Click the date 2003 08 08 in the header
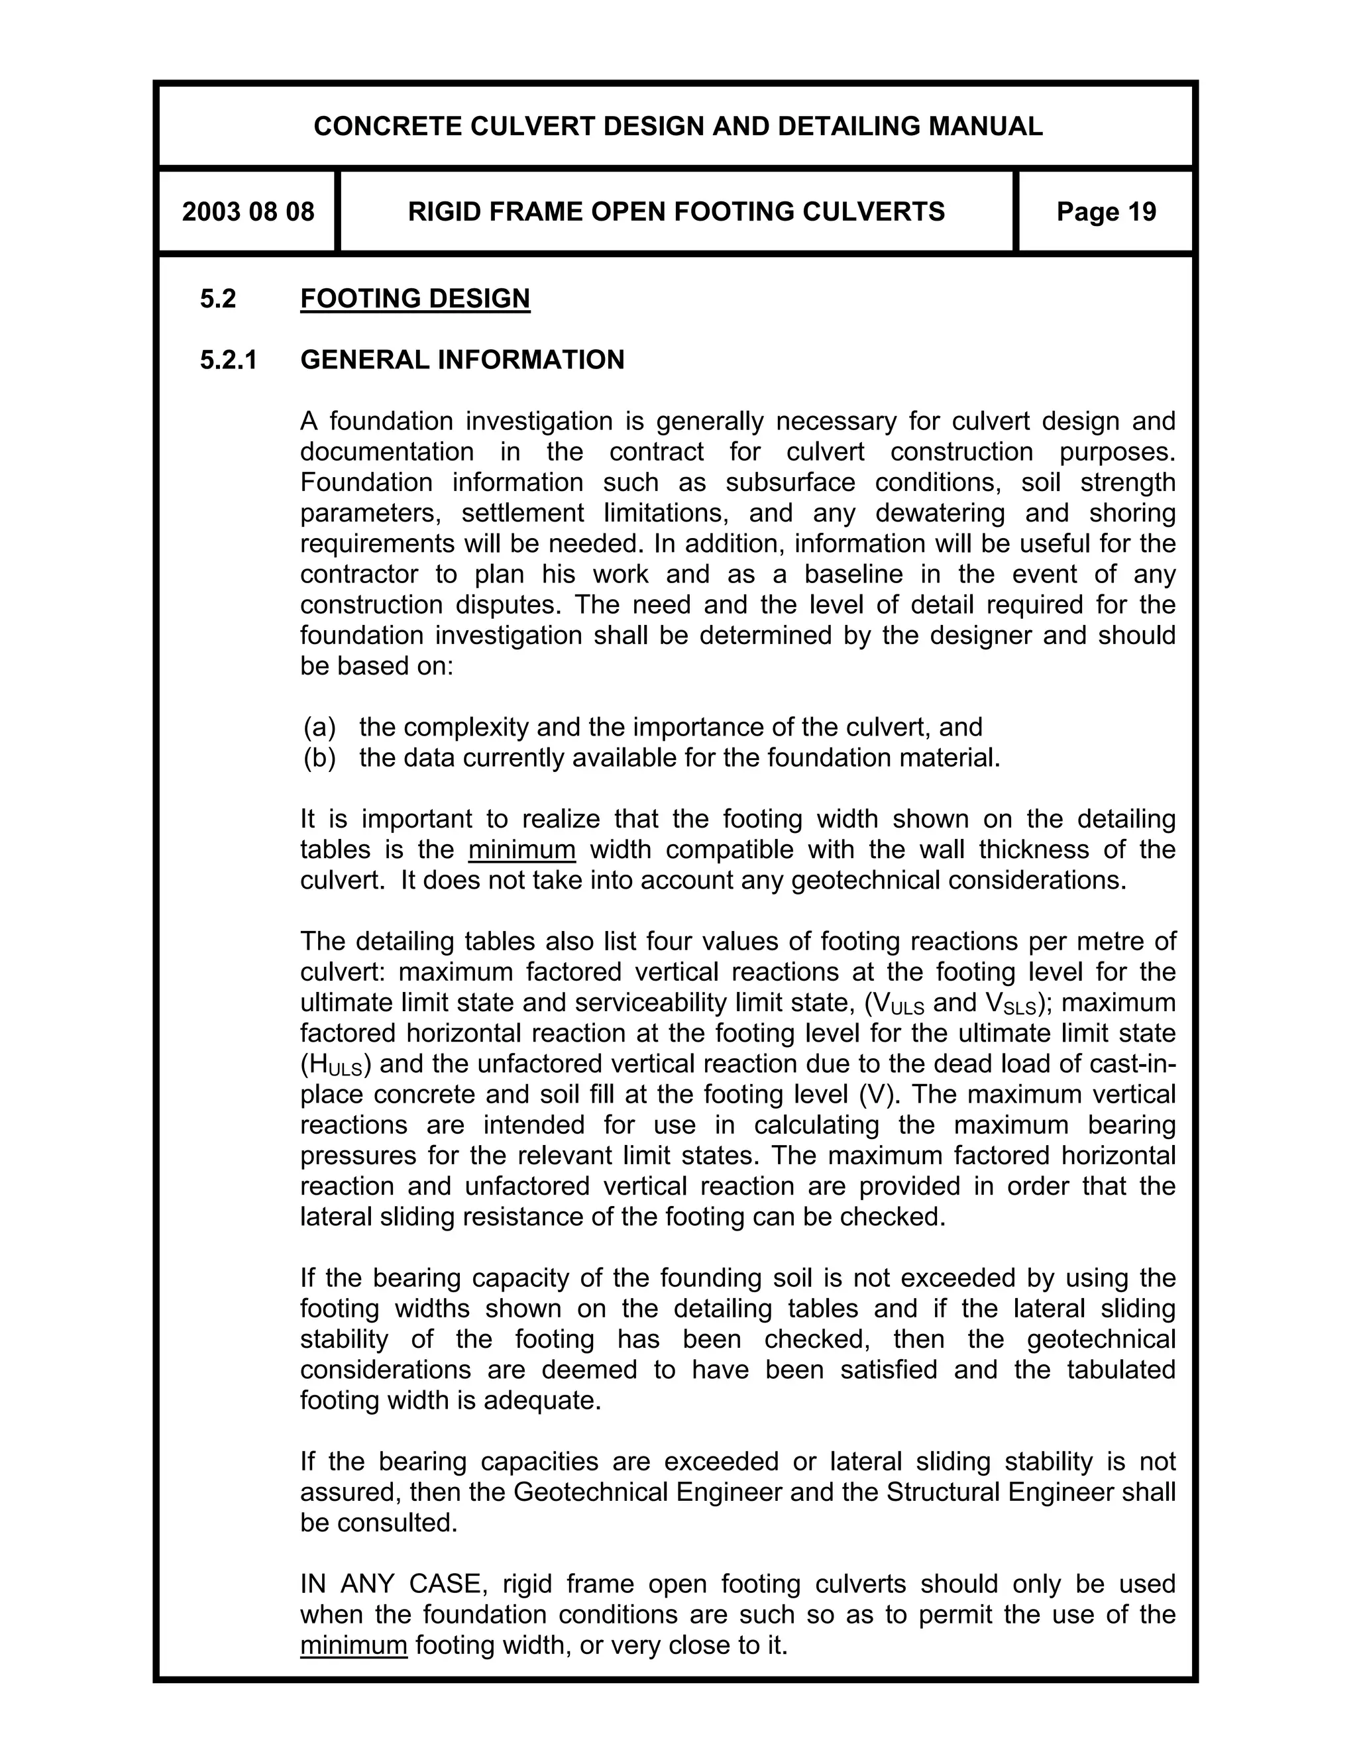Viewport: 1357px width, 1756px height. coord(248,212)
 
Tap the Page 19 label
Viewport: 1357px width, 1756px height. coord(1105,212)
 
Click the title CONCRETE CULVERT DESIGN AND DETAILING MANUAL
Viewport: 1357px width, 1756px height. coord(677,126)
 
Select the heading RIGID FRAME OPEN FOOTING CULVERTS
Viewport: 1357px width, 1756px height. coord(676,212)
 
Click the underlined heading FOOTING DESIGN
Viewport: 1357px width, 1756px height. coord(415,299)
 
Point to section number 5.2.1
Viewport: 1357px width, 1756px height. coord(229,359)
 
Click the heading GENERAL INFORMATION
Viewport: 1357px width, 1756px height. coord(462,359)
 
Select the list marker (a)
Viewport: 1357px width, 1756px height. coord(319,727)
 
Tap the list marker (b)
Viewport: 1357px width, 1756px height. coord(319,757)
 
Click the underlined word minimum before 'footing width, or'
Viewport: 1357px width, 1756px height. coord(354,1646)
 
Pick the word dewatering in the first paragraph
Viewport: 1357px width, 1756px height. coord(940,513)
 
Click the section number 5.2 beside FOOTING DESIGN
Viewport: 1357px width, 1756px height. coord(218,299)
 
